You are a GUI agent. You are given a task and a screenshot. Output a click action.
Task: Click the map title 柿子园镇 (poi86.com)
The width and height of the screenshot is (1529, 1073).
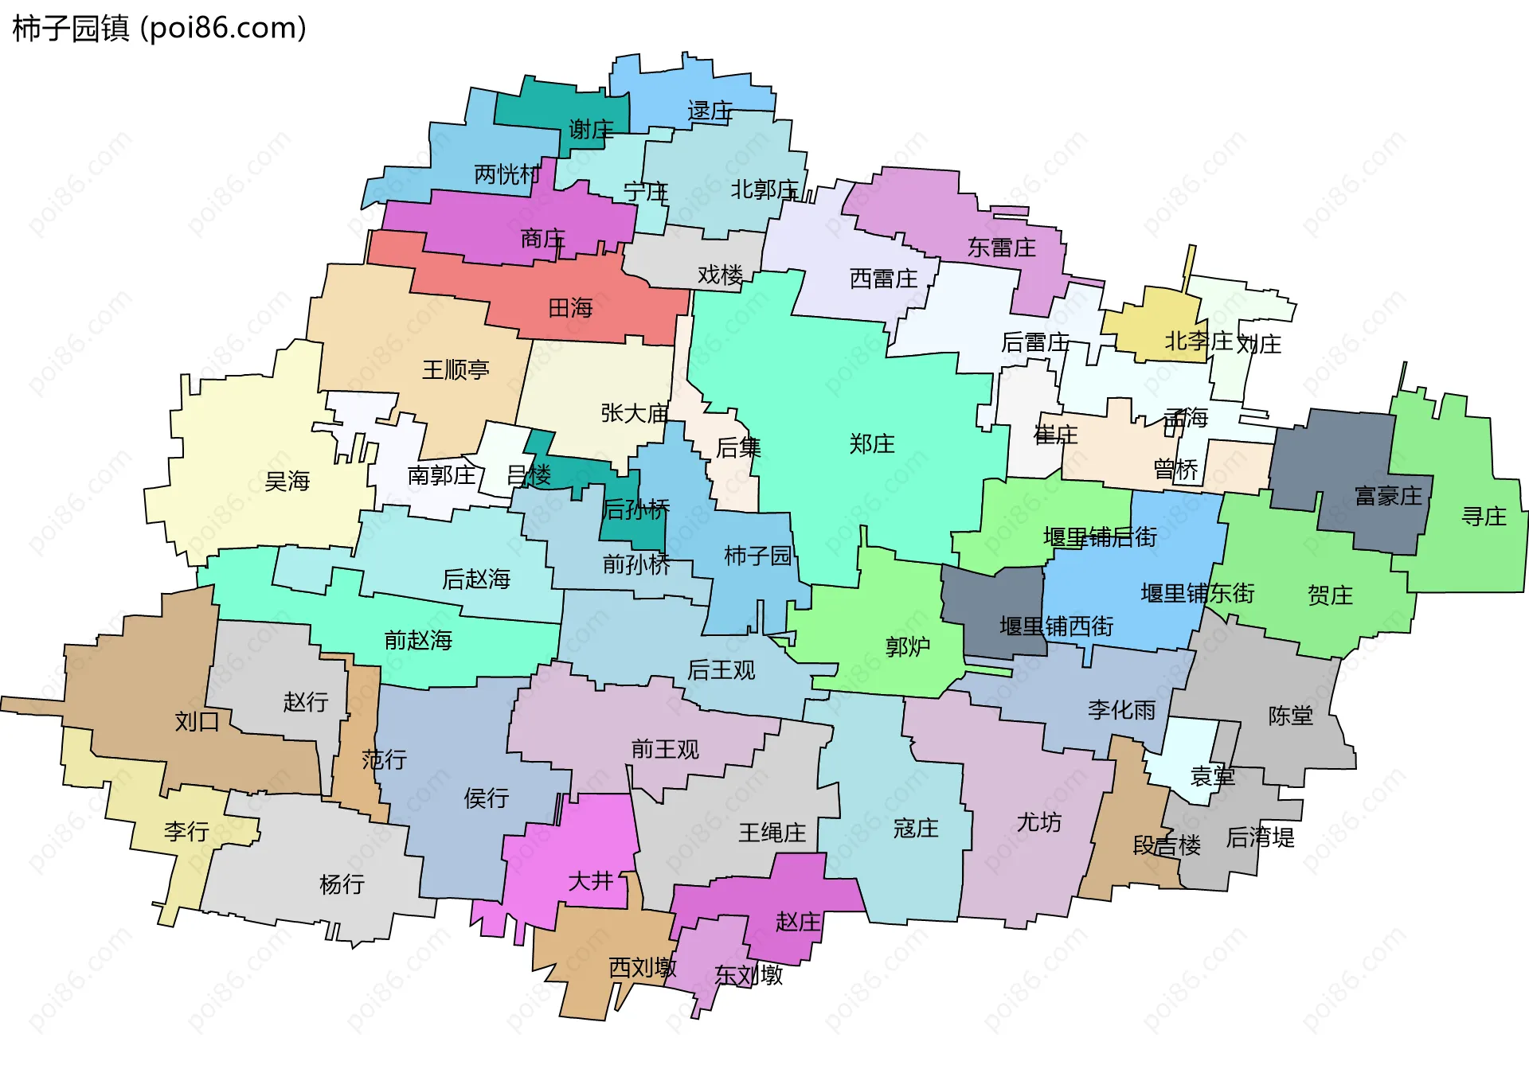click(159, 29)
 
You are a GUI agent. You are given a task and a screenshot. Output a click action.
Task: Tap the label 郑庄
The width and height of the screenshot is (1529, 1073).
click(872, 443)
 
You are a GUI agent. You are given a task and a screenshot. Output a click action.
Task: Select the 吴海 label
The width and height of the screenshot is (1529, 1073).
click(287, 481)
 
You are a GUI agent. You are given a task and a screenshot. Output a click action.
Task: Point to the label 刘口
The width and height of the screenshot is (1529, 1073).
click(197, 721)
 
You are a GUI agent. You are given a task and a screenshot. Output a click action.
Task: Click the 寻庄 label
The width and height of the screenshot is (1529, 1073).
click(1484, 517)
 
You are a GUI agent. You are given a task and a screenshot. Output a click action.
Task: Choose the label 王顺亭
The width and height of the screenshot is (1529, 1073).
click(456, 369)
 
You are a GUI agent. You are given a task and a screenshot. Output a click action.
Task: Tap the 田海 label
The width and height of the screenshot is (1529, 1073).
click(570, 308)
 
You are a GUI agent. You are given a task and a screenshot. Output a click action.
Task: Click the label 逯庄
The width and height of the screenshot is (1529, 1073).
click(710, 111)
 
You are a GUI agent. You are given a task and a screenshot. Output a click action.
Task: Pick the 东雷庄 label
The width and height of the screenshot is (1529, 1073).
click(1001, 248)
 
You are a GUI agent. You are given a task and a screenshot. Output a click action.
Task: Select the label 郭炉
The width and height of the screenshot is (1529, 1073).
click(908, 646)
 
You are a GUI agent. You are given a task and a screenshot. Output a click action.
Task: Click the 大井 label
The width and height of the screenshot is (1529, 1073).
click(590, 880)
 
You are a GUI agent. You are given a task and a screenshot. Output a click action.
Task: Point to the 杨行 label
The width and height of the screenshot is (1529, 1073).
click(342, 884)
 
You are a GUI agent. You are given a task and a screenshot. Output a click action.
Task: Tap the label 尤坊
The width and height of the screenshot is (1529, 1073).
click(1038, 821)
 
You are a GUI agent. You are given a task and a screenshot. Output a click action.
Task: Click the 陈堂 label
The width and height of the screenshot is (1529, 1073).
click(1290, 716)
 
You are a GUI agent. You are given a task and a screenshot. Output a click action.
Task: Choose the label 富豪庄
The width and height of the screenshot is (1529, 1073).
click(1388, 497)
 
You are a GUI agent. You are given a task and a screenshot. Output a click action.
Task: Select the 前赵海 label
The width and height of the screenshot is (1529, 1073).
click(418, 640)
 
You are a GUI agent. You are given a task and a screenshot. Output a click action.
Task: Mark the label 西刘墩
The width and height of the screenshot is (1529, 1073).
click(642, 967)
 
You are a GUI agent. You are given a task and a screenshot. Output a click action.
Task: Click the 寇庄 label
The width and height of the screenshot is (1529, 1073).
click(916, 829)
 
